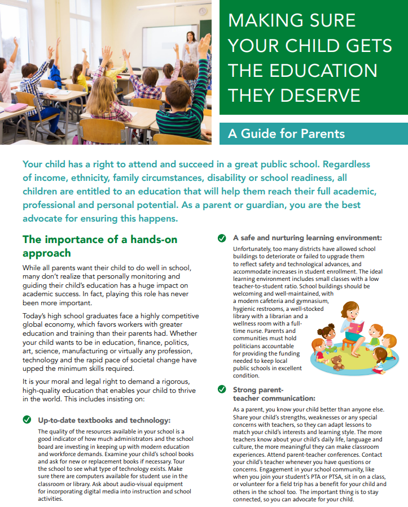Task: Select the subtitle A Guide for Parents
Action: (x=286, y=134)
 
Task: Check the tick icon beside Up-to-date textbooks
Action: (x=27, y=420)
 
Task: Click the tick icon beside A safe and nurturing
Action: (x=222, y=238)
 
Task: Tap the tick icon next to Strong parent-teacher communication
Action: (x=222, y=389)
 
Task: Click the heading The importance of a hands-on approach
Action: (x=100, y=246)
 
